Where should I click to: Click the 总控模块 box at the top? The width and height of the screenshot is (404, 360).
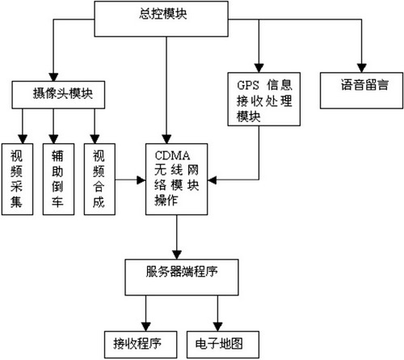[x=161, y=19]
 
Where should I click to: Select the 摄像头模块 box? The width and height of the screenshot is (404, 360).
[x=58, y=95]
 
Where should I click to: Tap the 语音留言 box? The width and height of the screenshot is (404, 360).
[x=361, y=91]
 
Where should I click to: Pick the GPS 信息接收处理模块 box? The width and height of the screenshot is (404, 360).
[x=264, y=99]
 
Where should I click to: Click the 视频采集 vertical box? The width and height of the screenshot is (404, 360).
[x=18, y=179]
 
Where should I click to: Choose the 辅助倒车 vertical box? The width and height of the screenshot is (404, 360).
[x=58, y=179]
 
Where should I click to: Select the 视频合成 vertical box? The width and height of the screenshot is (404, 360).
[x=99, y=179]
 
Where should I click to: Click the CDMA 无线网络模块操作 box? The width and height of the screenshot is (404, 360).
[x=176, y=179]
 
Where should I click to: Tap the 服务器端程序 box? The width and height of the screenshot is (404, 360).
[x=182, y=277]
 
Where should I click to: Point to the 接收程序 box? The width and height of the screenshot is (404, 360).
[x=141, y=345]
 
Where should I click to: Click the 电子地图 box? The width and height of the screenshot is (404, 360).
[x=223, y=345]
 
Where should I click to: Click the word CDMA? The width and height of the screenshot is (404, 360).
[x=172, y=155]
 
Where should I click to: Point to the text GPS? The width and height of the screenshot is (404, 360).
[x=248, y=85]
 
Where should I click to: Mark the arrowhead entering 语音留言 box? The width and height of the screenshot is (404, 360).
[x=361, y=68]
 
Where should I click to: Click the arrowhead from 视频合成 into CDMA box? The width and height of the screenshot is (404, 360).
[x=141, y=180]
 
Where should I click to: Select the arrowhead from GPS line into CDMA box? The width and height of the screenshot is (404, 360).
[x=212, y=180]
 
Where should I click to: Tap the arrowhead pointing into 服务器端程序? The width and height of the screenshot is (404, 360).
[x=177, y=255]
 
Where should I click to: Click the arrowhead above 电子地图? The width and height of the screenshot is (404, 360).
[x=217, y=327]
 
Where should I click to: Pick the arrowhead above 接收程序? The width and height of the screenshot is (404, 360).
[x=145, y=327]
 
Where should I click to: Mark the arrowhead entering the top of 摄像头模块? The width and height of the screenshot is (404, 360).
[x=53, y=77]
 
